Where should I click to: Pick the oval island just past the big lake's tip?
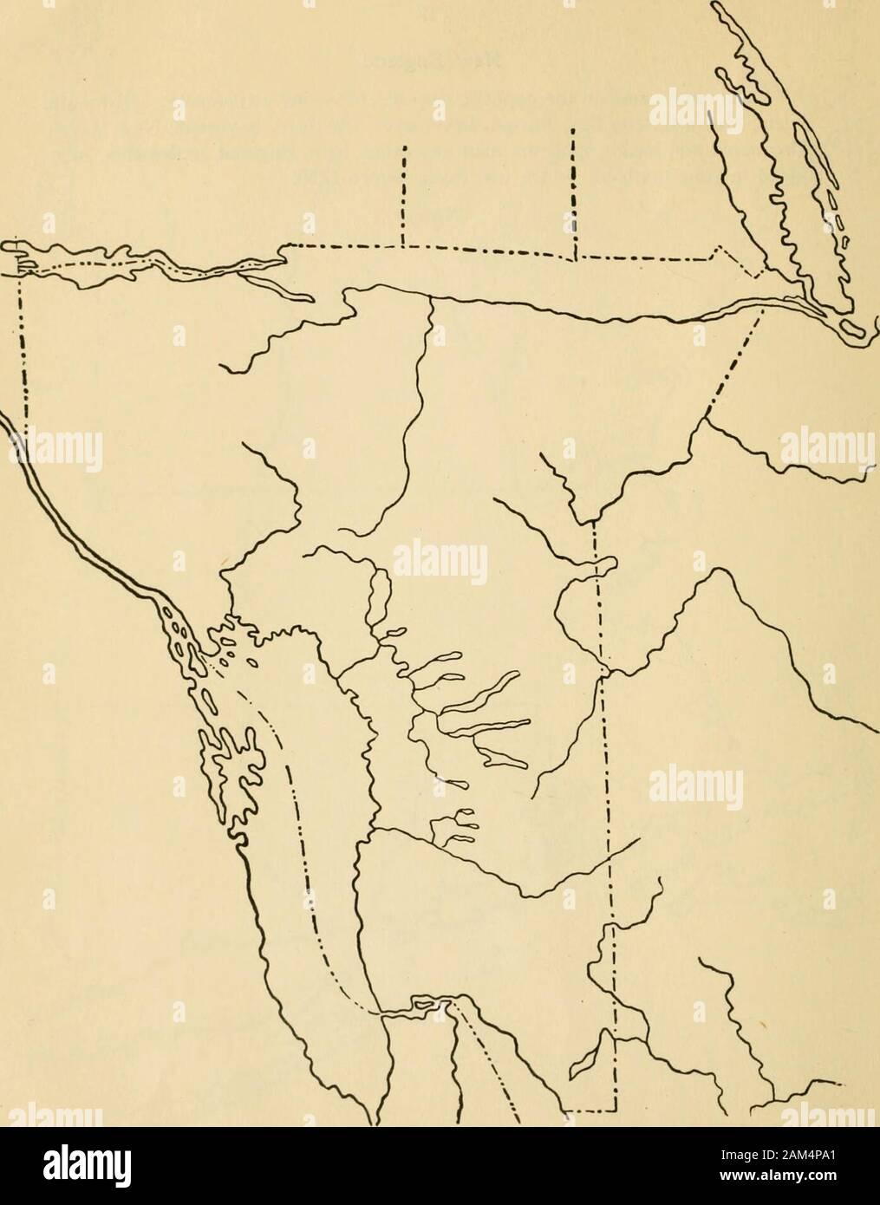pos(854,329)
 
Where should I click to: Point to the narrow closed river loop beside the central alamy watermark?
pos(375,598)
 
